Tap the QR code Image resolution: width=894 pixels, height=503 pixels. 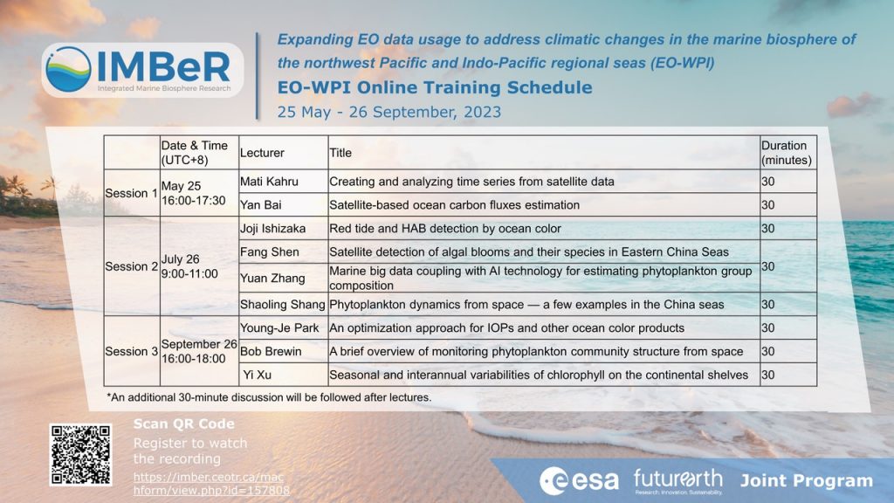click(x=80, y=454)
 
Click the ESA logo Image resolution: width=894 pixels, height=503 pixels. click(x=580, y=480)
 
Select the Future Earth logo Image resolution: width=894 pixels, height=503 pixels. click(x=677, y=481)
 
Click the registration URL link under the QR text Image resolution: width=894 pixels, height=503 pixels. click(x=211, y=484)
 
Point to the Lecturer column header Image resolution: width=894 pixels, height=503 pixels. click(x=262, y=153)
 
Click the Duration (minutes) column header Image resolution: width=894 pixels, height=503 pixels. click(x=787, y=153)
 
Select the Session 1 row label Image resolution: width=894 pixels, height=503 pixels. click(x=131, y=193)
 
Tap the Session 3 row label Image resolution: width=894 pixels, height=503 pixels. click(x=131, y=351)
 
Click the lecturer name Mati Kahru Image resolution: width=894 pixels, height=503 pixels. click(x=269, y=182)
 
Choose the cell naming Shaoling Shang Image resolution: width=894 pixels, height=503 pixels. click(x=282, y=305)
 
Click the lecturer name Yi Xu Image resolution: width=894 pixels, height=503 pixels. click(x=258, y=375)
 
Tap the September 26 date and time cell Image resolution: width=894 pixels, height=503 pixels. click(x=199, y=351)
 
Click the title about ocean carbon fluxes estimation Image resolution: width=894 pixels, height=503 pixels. click(x=454, y=204)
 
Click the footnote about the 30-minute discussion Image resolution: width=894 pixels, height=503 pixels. click(x=269, y=397)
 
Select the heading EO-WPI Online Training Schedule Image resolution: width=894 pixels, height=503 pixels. click(x=435, y=87)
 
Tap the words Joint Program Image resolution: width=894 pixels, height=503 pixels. click(x=806, y=481)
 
